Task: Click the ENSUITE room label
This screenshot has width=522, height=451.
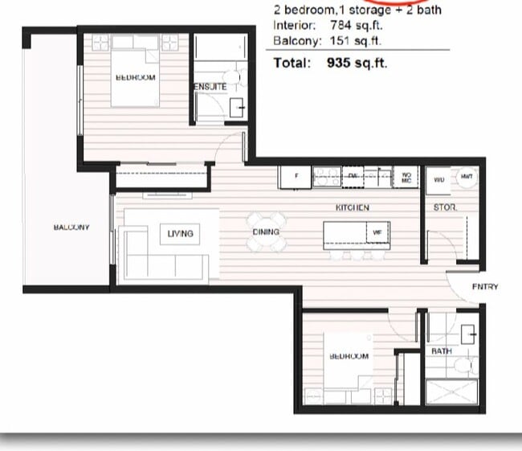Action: (x=210, y=86)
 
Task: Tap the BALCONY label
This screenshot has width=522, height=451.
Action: (x=71, y=228)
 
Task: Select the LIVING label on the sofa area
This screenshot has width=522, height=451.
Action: (x=181, y=233)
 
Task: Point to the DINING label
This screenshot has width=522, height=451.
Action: (x=266, y=232)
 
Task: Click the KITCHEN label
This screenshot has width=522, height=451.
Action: (x=352, y=207)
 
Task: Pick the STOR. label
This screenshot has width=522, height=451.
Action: (x=445, y=207)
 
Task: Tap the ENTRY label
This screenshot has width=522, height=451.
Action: (x=485, y=286)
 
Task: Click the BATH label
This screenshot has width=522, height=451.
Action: (x=442, y=351)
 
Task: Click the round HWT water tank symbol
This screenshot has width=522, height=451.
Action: (x=466, y=177)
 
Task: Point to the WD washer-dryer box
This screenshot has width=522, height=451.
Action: (x=438, y=180)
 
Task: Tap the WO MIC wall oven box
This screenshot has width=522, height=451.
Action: (x=406, y=177)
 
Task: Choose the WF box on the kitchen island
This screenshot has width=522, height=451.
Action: (x=377, y=232)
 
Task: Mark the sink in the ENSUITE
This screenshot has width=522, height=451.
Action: (x=237, y=108)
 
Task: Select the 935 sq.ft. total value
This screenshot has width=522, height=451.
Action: (x=357, y=63)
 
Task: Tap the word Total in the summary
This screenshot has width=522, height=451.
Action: (x=292, y=63)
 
